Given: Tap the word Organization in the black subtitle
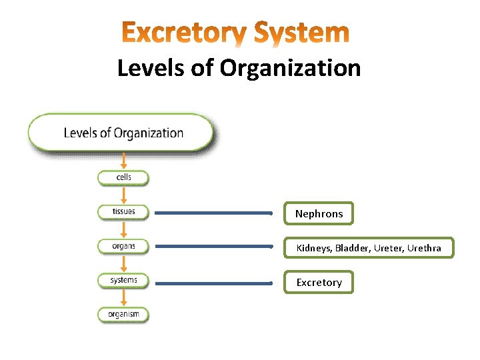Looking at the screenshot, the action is click(291, 68).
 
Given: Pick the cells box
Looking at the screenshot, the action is click(123, 177).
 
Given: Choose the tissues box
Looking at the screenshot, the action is click(123, 212).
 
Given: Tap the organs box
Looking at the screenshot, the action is click(123, 246).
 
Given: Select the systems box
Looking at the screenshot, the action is click(123, 280).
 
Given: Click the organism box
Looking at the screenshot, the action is click(123, 314).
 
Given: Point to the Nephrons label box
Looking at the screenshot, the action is click(319, 214).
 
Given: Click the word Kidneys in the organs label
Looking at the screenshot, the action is click(313, 249).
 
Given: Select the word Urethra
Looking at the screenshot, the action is click(425, 249).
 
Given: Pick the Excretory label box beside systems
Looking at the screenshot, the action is click(319, 283).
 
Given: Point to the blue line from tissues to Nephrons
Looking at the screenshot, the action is click(213, 213).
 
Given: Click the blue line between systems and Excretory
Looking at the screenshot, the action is click(213, 283).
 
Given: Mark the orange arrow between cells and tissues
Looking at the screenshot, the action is click(123, 195).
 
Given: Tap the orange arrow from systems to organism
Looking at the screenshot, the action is click(123, 297).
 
